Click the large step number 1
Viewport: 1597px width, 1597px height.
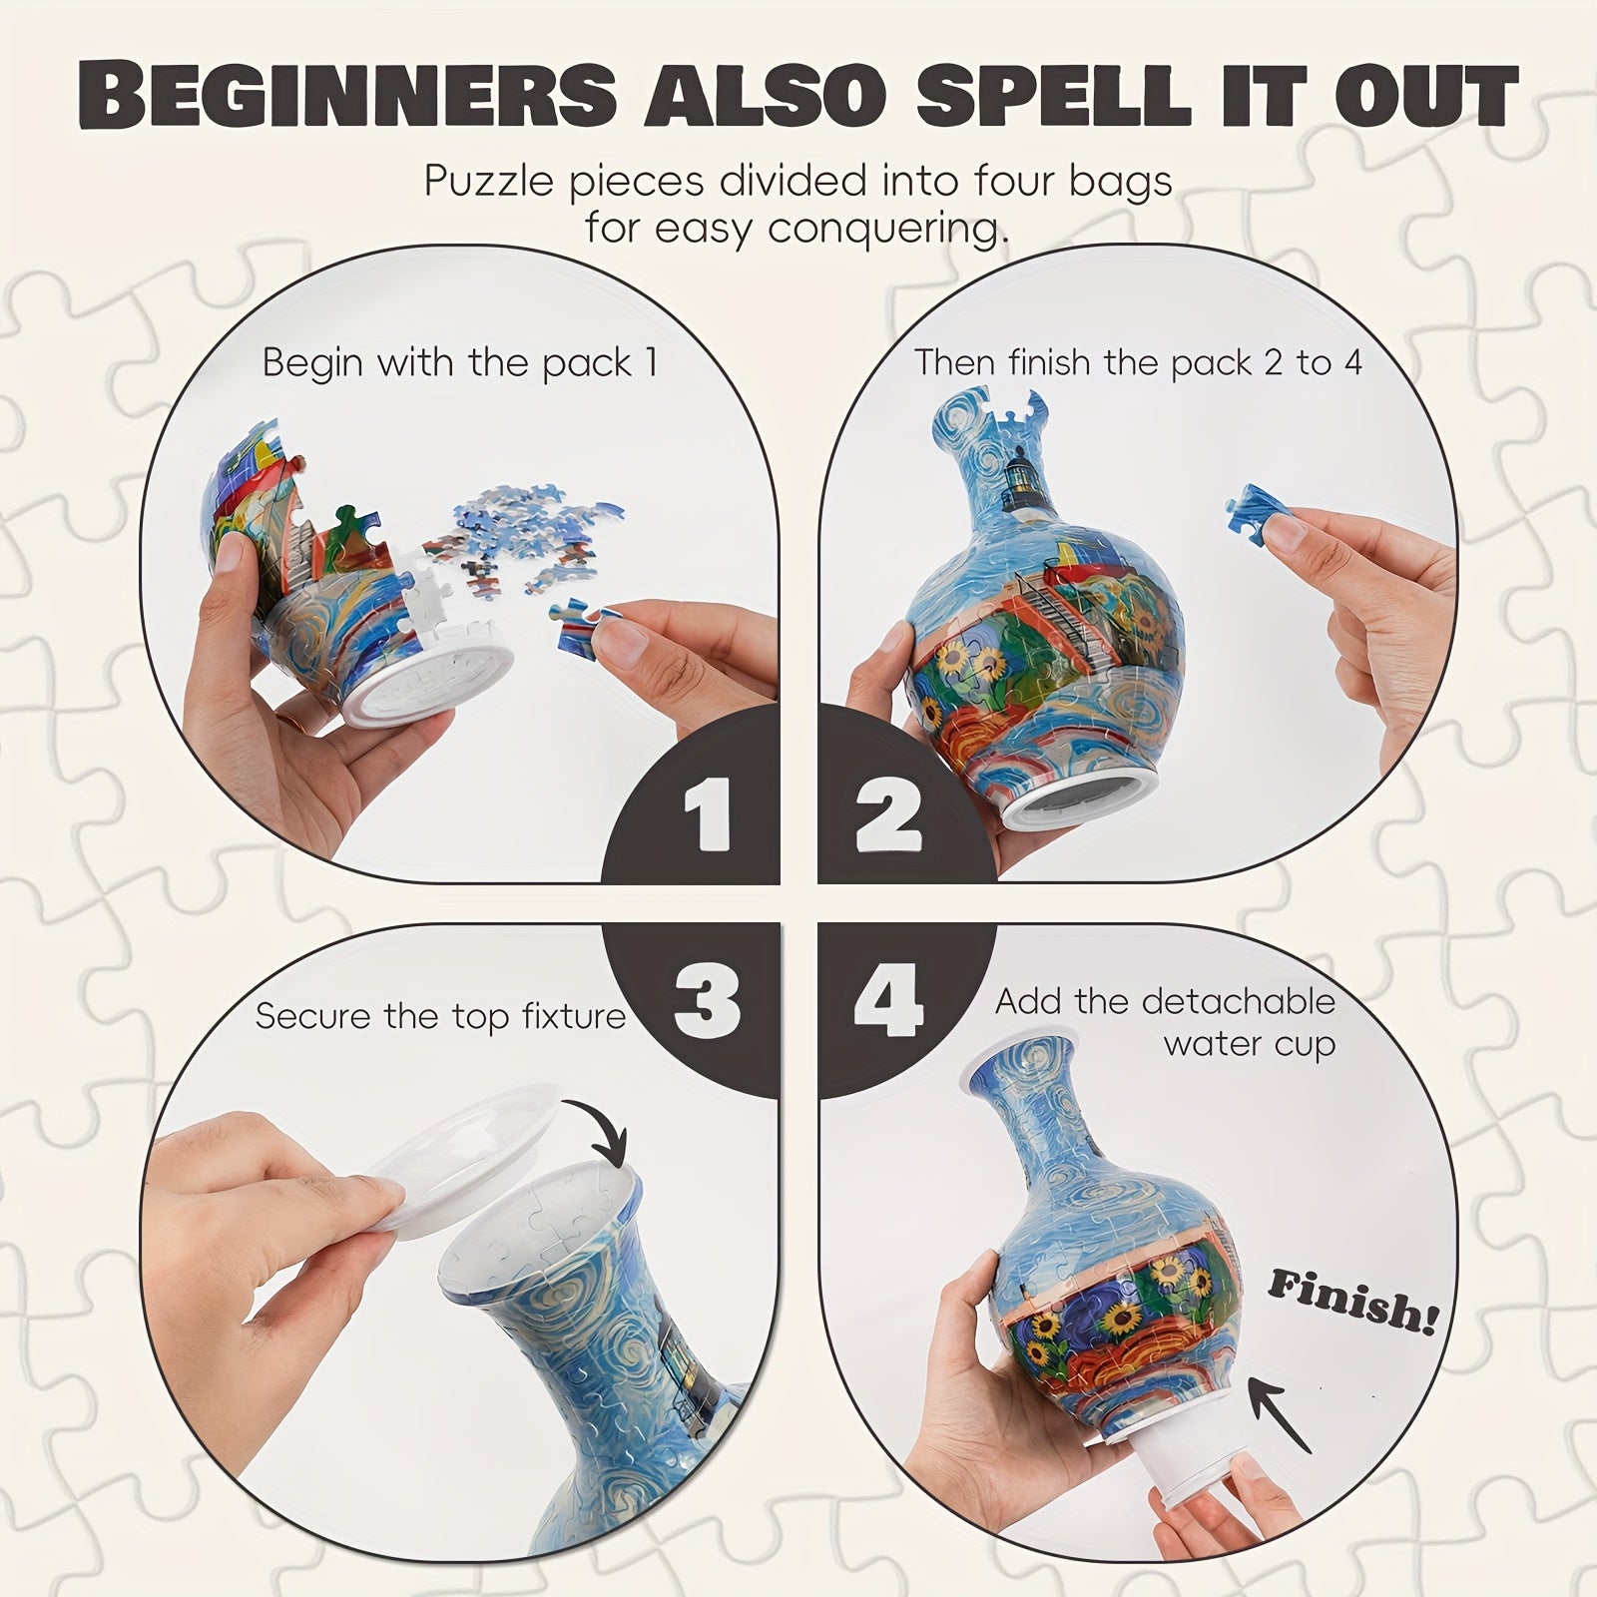pos(709,816)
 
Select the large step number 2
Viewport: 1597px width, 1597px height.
pos(888,816)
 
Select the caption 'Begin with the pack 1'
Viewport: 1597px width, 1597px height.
pos(460,363)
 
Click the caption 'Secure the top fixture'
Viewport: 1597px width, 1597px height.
pos(440,1016)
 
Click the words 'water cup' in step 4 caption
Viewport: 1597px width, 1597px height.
pos(1249,1045)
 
